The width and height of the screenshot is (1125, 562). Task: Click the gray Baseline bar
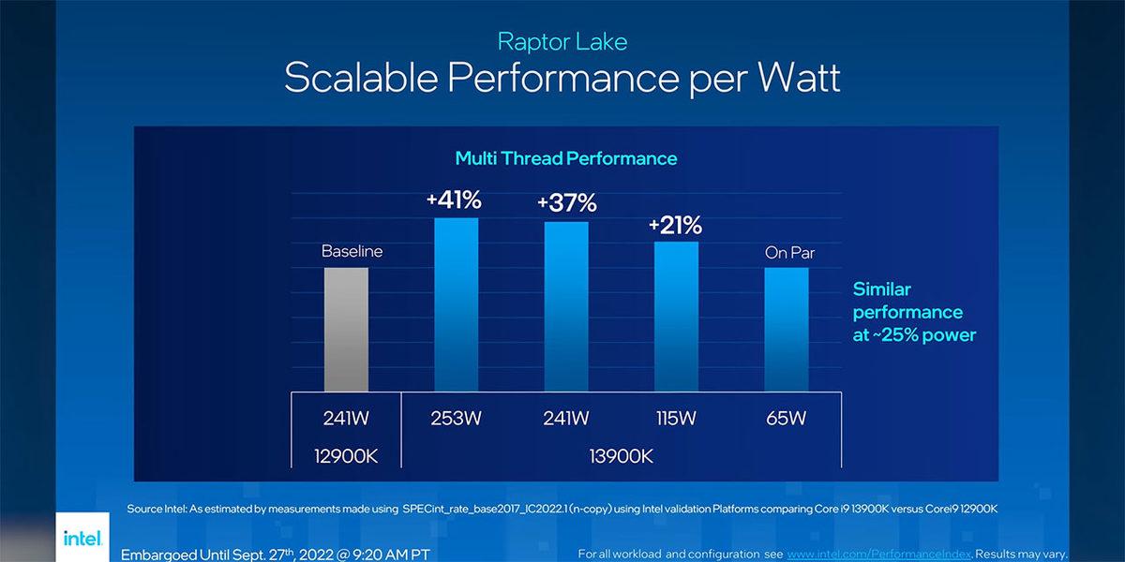point(346,329)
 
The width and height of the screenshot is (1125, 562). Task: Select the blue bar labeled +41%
point(456,304)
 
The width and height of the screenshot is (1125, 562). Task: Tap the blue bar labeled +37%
point(566,306)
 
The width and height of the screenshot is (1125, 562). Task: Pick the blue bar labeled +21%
point(676,317)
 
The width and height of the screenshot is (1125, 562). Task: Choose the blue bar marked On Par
point(786,329)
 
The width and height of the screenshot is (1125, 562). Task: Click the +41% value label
point(455,200)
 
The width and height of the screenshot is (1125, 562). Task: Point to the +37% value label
point(565,203)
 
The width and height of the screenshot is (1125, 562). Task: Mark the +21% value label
point(675,225)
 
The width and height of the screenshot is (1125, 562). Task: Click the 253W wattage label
point(456,418)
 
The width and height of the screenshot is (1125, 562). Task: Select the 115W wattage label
point(676,418)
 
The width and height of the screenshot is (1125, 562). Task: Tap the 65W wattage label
point(786,418)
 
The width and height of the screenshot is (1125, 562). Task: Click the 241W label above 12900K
point(346,418)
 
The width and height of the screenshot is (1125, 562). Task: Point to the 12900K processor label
point(346,456)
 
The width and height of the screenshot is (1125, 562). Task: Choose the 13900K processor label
point(621,456)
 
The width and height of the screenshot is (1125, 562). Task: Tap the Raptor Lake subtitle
point(562,41)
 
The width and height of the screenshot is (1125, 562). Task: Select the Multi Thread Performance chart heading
point(565,158)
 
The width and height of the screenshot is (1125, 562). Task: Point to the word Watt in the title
point(789,77)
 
